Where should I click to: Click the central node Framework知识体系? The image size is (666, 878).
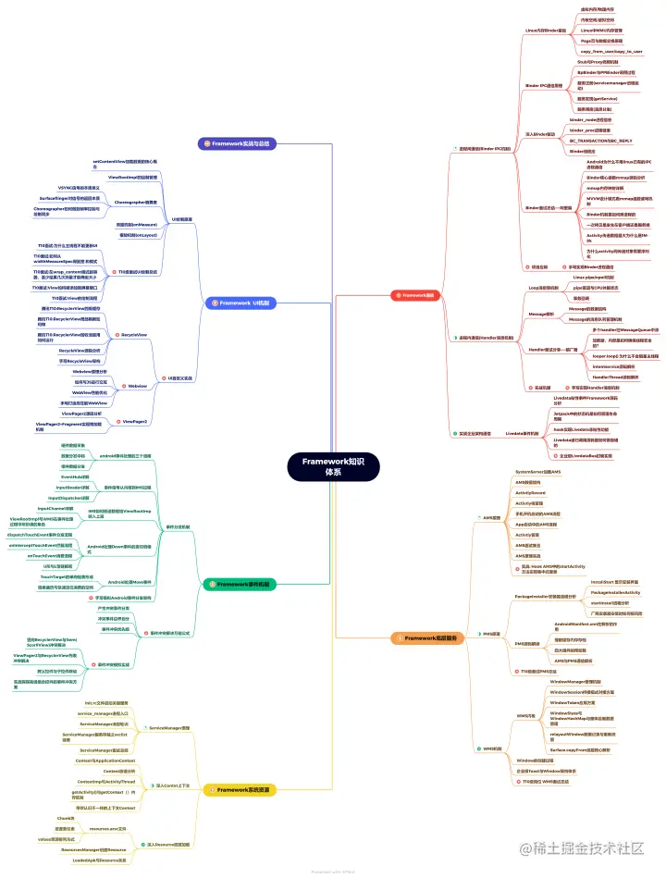pos(333,466)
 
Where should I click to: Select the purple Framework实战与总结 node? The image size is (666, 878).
pos(239,143)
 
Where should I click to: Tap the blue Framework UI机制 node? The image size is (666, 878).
pos(239,303)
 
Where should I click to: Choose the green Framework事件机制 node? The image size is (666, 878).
pos(239,585)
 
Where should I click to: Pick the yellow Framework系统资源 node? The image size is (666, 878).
pos(239,789)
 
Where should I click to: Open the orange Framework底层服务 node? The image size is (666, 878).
pos(432,637)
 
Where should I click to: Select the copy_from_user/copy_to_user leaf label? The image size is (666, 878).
pos(611,52)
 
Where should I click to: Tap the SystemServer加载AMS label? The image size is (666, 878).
pos(537,472)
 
